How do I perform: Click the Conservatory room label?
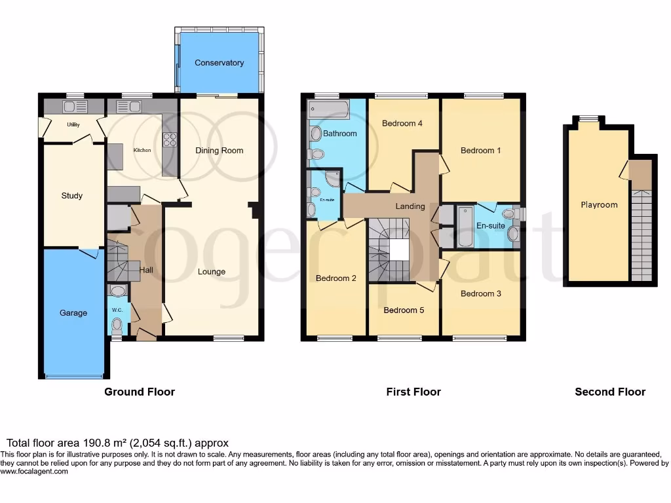point(219,63)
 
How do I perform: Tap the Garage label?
point(73,313)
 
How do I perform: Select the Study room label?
point(72,195)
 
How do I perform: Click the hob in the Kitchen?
point(169,140)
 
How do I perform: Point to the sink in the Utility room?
point(71,107)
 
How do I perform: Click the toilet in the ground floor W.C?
point(117,325)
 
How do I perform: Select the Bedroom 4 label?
point(402,123)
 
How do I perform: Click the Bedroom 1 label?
point(480,150)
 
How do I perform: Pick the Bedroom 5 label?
point(404,310)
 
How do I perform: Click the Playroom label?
point(599,204)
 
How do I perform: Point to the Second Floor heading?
point(610,392)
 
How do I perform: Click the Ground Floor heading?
point(140,392)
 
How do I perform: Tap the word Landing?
point(410,206)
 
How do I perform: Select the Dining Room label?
point(220,150)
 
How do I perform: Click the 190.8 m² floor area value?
point(92,443)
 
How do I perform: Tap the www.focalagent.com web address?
point(35,471)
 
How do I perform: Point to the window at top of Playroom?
point(588,119)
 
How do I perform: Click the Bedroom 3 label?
point(480,293)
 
